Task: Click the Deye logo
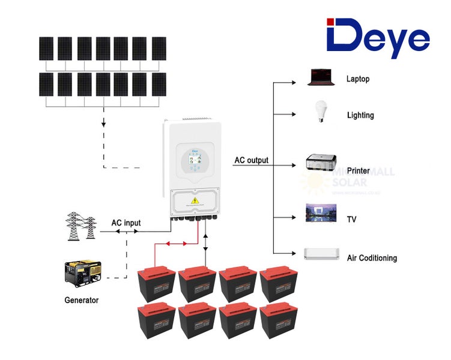pos(378,38)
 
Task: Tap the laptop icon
pos(320,77)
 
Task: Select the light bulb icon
pos(320,112)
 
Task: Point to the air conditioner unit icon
pos(321,254)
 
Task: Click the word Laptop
pos(358,79)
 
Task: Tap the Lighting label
pos(360,115)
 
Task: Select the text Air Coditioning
pos(372,258)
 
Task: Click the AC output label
pos(251,160)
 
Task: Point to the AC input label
pos(126,223)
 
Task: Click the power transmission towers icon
pos(81,226)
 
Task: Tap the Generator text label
pos(81,300)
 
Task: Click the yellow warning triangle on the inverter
pos(195,200)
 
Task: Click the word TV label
pos(351,220)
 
